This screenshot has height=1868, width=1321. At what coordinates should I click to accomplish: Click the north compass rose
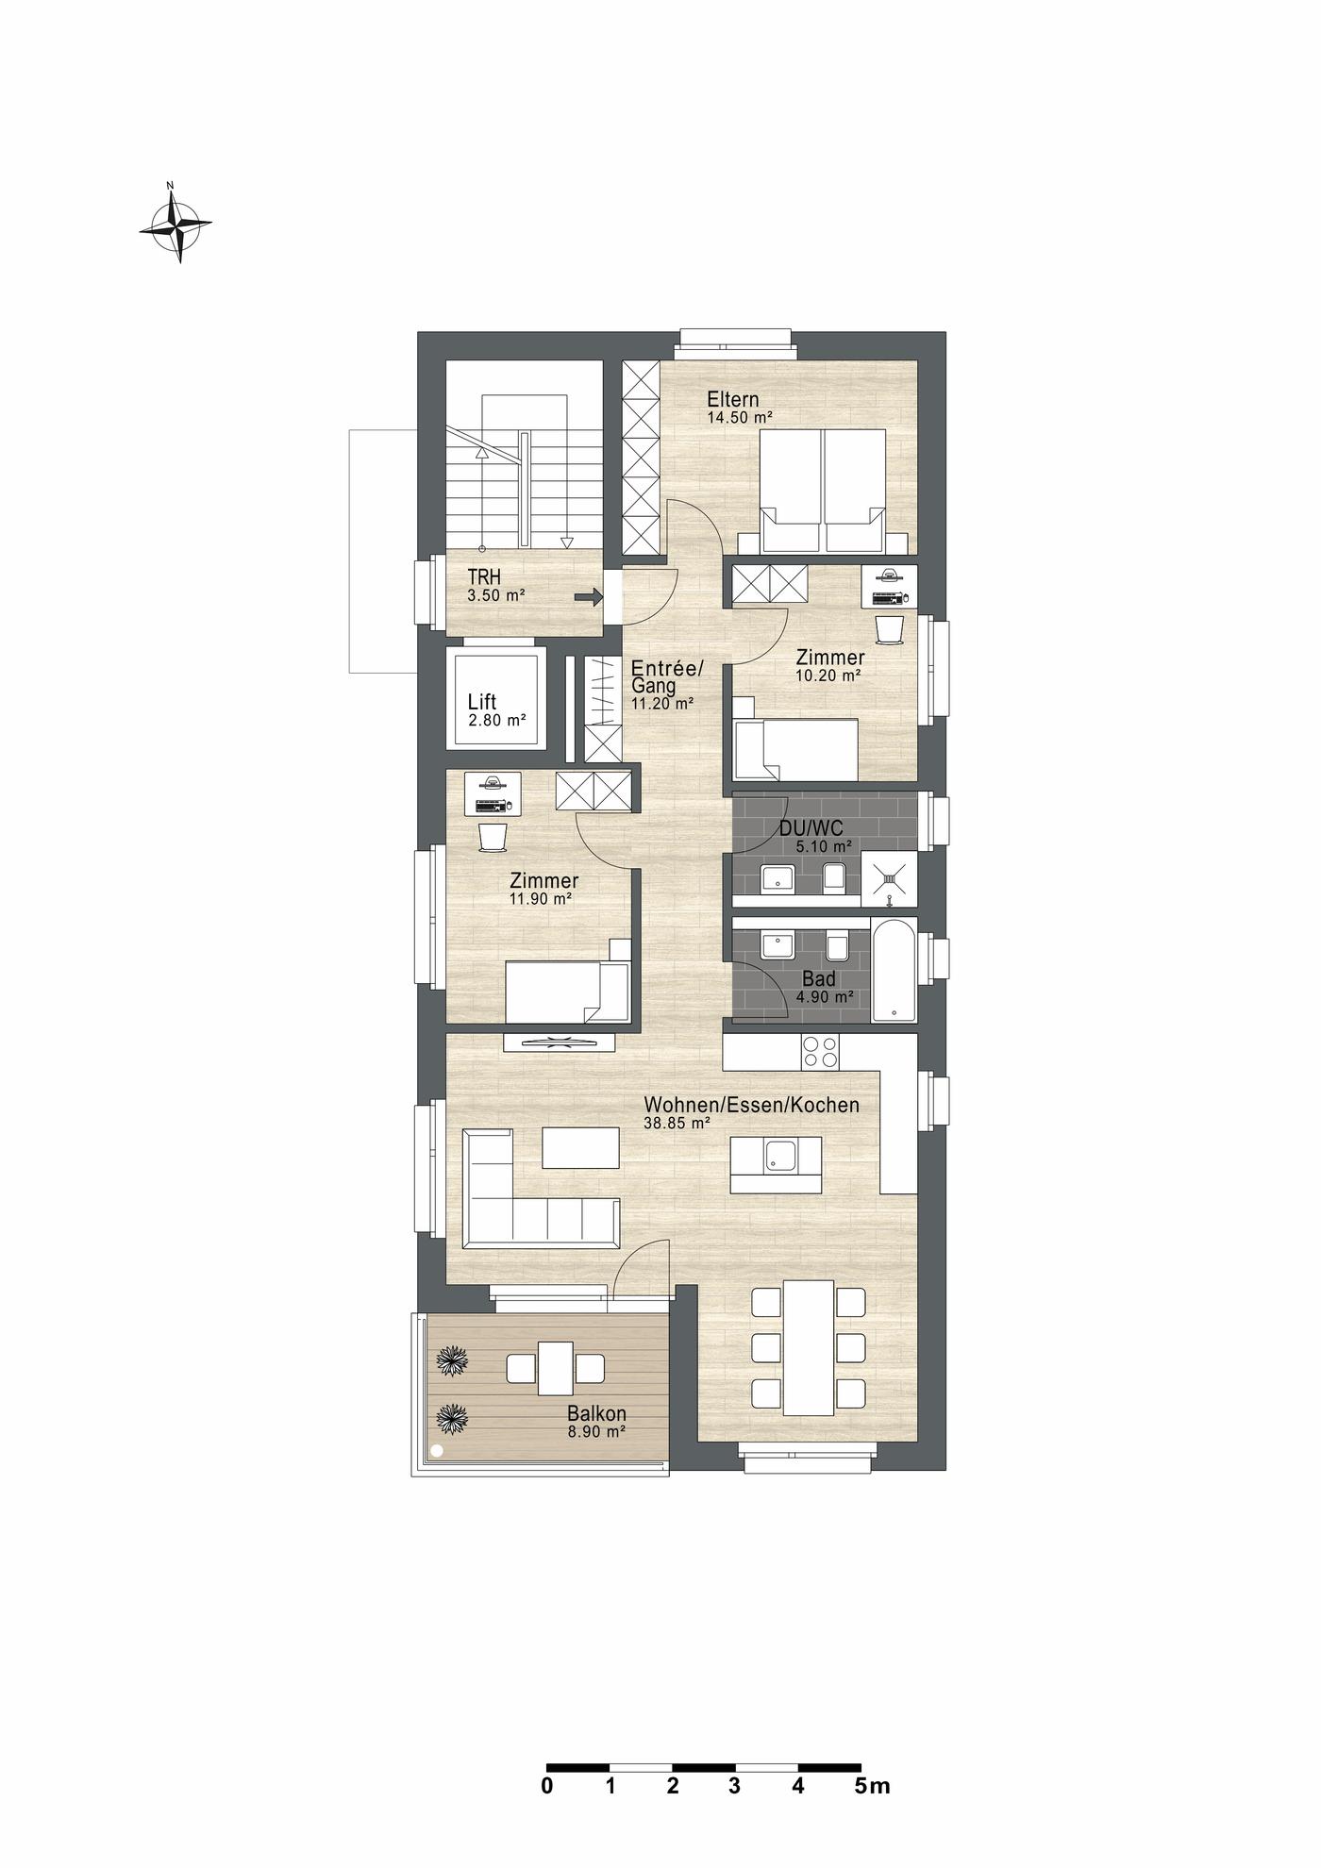(176, 223)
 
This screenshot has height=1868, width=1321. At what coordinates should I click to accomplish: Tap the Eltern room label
(732, 399)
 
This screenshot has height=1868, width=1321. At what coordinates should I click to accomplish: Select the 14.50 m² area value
(741, 416)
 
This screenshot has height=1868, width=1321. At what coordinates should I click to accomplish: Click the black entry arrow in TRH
(589, 596)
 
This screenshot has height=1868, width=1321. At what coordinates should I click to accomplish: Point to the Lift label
(482, 702)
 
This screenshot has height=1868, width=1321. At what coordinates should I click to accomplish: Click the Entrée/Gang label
(667, 677)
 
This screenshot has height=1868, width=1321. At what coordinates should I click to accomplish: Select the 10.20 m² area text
(828, 675)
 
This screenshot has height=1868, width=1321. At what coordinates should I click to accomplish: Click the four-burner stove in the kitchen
(820, 1052)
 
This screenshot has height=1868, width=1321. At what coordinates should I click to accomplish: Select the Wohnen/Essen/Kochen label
(751, 1105)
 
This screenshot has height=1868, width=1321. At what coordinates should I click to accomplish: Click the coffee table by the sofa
(581, 1148)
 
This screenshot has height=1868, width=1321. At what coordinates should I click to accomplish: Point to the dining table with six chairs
(809, 1347)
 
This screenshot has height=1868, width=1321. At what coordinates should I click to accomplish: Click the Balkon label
(596, 1413)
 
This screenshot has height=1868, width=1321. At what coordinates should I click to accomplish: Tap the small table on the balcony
(556, 1368)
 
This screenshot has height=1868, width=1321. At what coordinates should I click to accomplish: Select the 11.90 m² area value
(541, 899)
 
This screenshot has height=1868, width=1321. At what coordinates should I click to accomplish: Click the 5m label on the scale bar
(873, 1786)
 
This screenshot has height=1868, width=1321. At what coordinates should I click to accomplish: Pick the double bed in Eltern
(824, 491)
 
